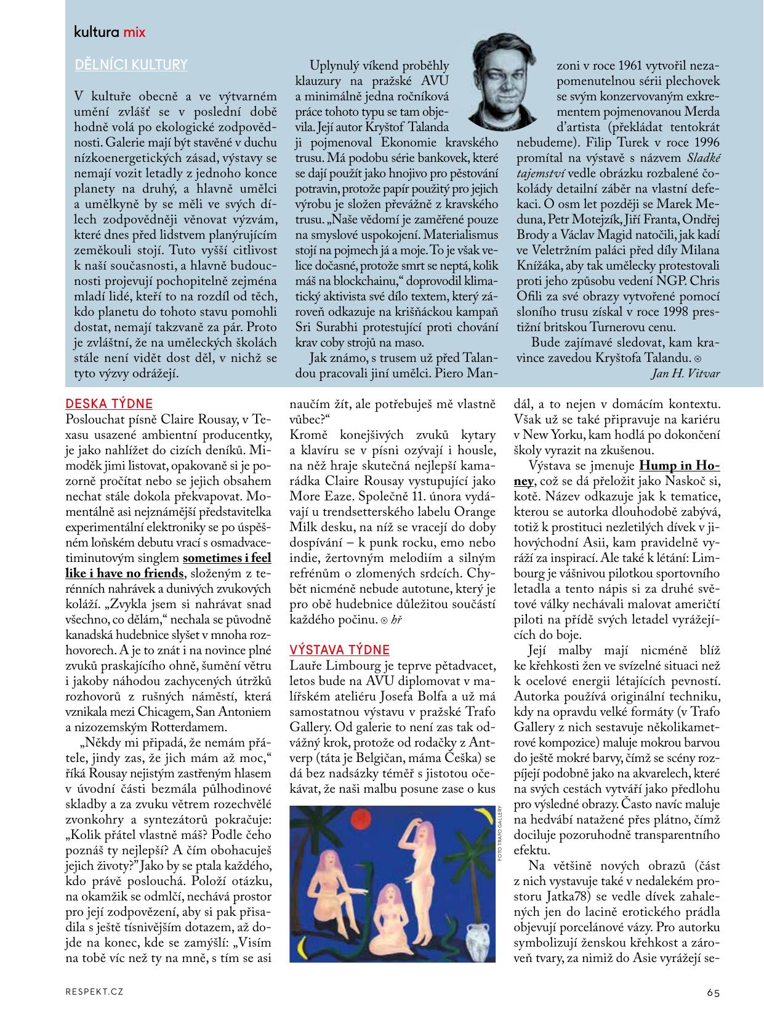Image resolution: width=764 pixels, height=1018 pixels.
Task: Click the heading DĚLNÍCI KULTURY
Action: (x=131, y=65)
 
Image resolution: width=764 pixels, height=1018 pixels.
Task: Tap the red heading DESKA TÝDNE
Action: (x=109, y=404)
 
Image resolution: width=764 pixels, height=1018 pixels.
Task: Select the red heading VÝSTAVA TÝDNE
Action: (x=340, y=649)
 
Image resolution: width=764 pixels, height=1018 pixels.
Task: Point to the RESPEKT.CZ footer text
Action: (x=94, y=992)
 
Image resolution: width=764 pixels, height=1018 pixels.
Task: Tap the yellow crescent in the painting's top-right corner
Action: (x=485, y=816)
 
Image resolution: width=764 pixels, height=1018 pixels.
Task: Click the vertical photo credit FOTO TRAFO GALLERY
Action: (x=502, y=838)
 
